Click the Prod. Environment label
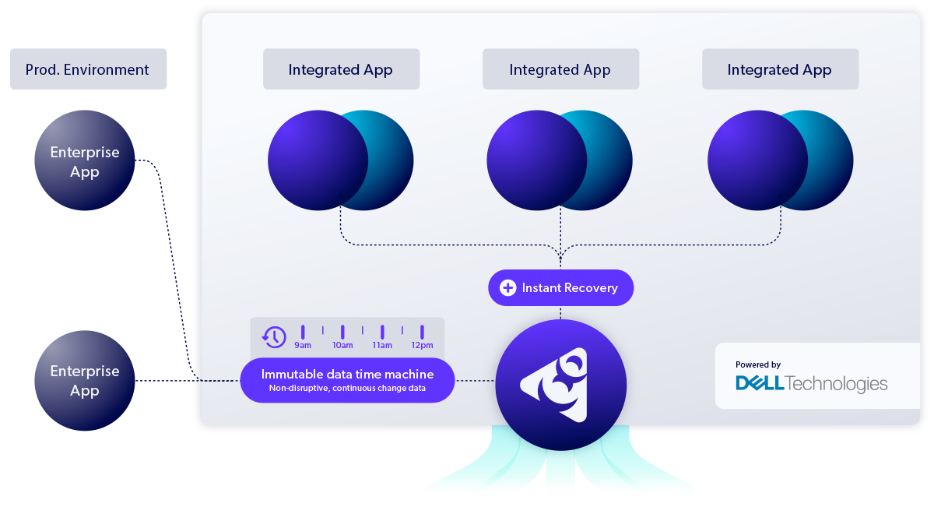[x=87, y=69]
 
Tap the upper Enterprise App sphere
[x=84, y=160]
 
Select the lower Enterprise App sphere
[x=84, y=380]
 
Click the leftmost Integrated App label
[x=341, y=69]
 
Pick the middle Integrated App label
[x=560, y=69]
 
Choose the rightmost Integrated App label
[x=780, y=69]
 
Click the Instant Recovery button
[x=560, y=288]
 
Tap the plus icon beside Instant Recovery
[x=507, y=288]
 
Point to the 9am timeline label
[x=303, y=345]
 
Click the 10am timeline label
[x=342, y=345]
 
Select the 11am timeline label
[x=382, y=345]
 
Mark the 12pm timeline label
[x=422, y=345]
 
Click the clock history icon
[x=274, y=336]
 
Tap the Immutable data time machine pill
[x=347, y=380]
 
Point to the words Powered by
[x=758, y=364]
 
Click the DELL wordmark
[x=760, y=383]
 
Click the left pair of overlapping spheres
[x=341, y=160]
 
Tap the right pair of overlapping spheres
[x=780, y=160]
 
